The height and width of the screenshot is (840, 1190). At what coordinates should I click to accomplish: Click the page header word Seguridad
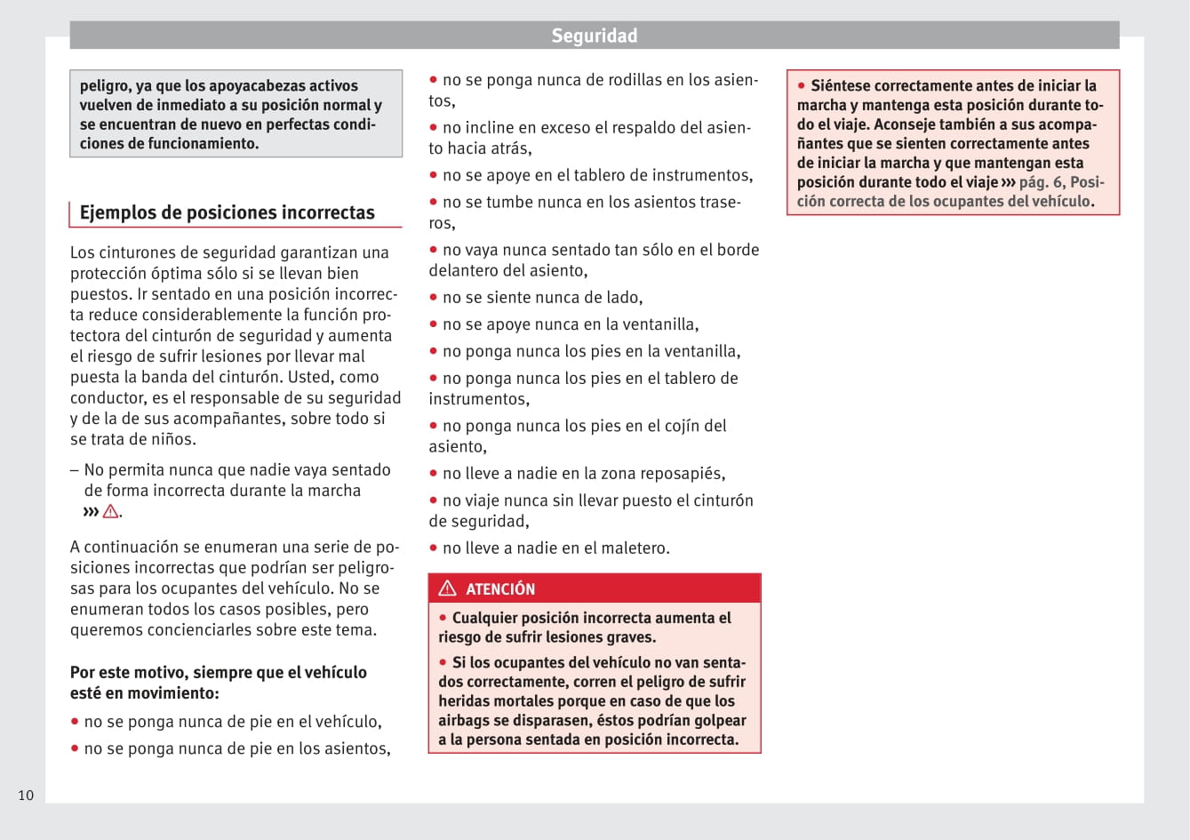(x=594, y=36)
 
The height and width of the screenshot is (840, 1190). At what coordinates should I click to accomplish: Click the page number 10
(x=26, y=795)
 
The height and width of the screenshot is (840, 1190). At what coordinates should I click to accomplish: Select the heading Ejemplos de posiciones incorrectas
(x=227, y=212)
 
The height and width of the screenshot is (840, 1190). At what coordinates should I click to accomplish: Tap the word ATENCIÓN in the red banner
(x=500, y=589)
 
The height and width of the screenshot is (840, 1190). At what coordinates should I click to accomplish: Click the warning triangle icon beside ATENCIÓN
(x=448, y=588)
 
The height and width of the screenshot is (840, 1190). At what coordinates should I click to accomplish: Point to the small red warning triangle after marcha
(x=110, y=511)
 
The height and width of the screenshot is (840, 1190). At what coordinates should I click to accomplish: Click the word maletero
(x=633, y=548)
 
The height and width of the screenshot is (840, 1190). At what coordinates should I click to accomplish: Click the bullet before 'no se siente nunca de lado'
(x=434, y=298)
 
